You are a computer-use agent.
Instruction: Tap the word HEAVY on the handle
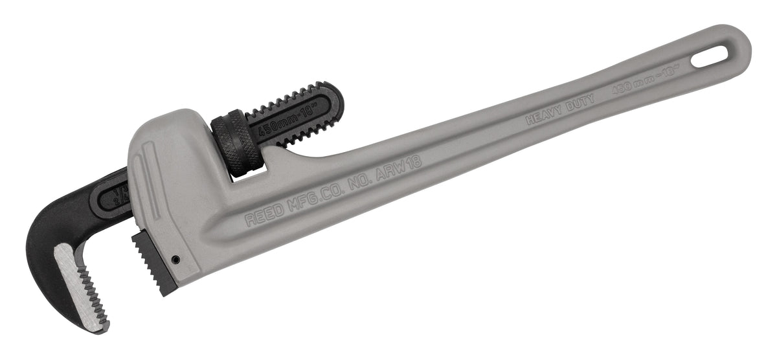pyautogui.click(x=543, y=117)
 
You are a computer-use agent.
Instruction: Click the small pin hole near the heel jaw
pyautogui.click(x=175, y=260)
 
